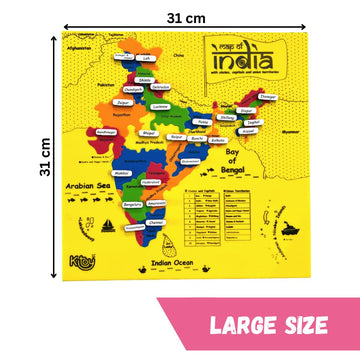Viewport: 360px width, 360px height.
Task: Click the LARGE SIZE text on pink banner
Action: point(265,323)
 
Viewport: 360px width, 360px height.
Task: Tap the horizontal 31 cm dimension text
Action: point(181,18)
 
